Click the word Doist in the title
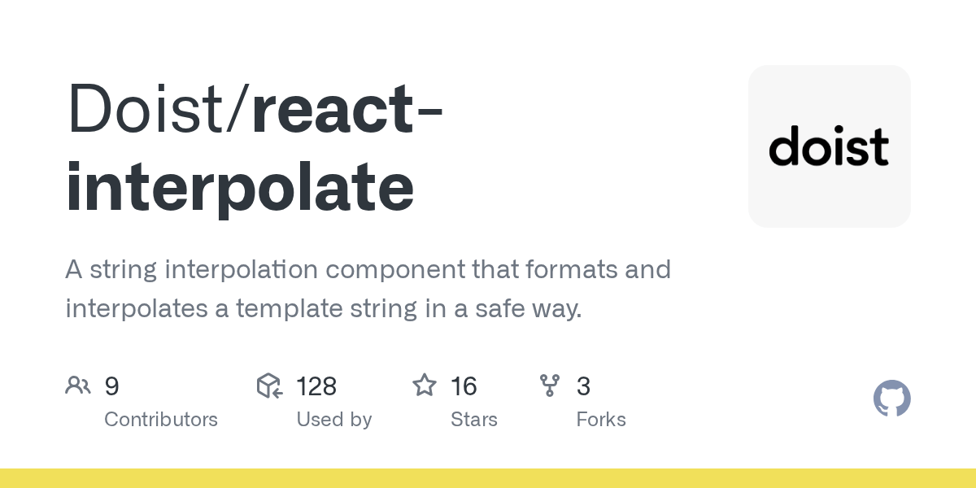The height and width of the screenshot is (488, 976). (146, 107)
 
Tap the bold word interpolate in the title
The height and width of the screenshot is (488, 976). (240, 187)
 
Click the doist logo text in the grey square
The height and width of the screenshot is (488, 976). (829, 146)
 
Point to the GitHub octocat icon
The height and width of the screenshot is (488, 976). (892, 399)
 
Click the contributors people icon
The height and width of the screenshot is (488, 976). (78, 386)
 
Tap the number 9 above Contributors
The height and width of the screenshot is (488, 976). (111, 386)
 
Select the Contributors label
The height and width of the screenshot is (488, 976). (161, 420)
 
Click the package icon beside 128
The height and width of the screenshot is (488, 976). (269, 386)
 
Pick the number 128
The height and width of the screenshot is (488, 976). (316, 386)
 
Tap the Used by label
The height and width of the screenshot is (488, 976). (334, 420)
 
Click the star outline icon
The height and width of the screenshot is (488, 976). (425, 386)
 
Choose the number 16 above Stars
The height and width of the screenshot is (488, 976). (464, 386)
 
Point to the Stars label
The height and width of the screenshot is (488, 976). (474, 420)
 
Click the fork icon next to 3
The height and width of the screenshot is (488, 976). (550, 386)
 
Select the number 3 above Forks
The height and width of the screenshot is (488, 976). (583, 386)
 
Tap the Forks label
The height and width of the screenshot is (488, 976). (601, 420)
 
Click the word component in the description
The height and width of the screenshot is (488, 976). (395, 270)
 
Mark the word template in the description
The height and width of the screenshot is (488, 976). (290, 309)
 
